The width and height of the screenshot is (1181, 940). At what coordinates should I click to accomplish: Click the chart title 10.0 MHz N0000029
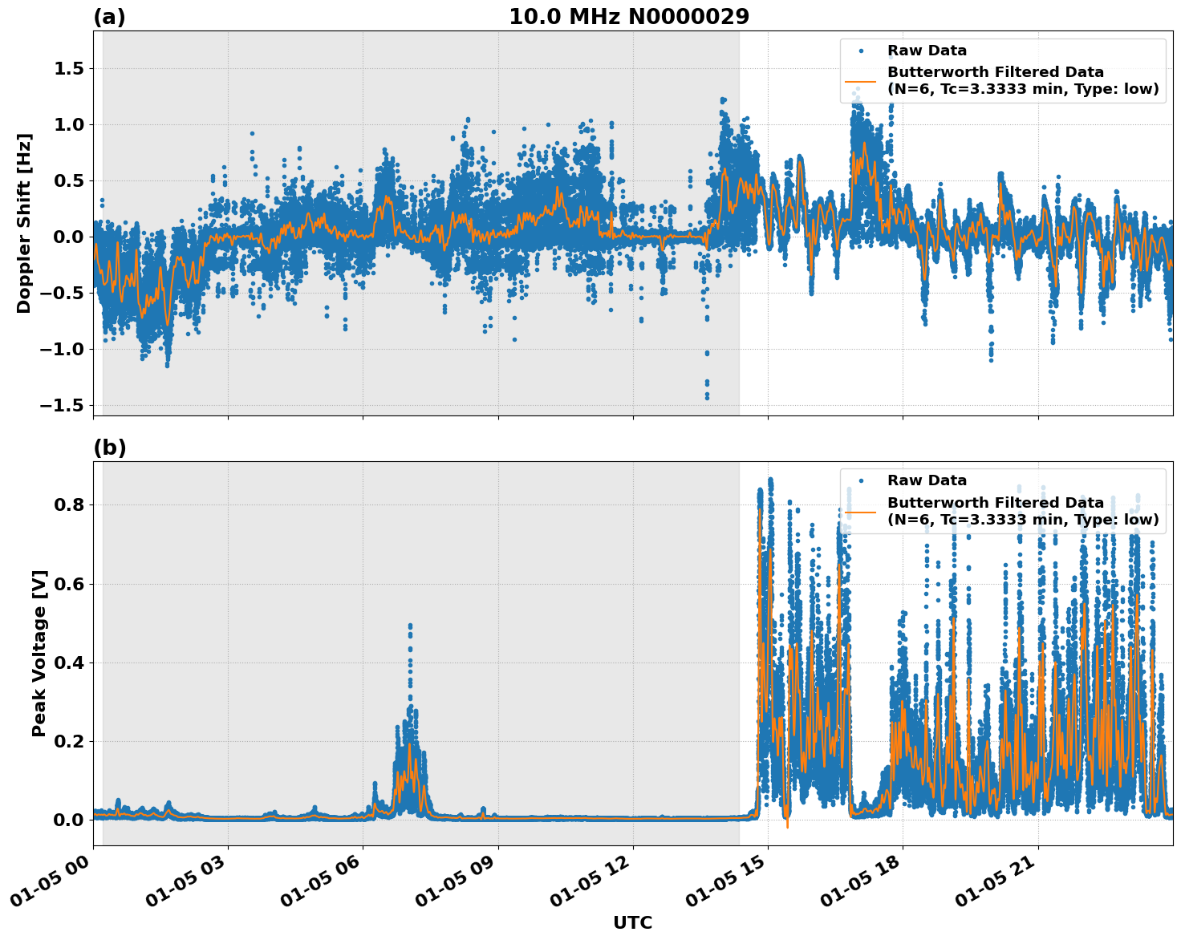(x=629, y=17)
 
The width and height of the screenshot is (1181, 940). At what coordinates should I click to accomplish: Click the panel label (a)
(x=109, y=17)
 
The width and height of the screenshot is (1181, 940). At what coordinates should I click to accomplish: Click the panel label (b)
(x=110, y=448)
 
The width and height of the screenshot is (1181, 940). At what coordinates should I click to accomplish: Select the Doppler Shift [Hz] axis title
(x=24, y=223)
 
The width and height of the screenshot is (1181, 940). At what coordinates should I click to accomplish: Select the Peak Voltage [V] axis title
(x=39, y=653)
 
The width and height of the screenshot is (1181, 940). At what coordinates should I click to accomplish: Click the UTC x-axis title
(x=632, y=922)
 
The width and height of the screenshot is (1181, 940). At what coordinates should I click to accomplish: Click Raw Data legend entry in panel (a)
(x=927, y=51)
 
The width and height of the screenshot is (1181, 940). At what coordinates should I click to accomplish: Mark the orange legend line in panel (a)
(x=860, y=81)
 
